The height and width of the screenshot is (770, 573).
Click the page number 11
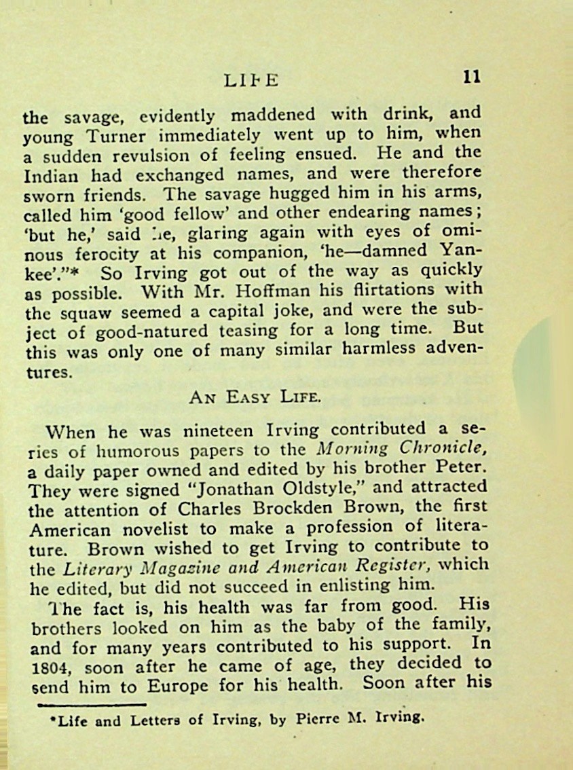[471, 76]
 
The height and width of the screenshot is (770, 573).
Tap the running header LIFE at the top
[251, 80]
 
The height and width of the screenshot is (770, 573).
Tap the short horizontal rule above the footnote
[92, 704]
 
